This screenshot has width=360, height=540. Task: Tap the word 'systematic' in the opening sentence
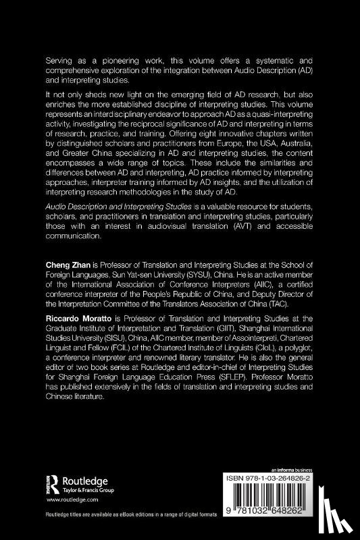tap(274, 60)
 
